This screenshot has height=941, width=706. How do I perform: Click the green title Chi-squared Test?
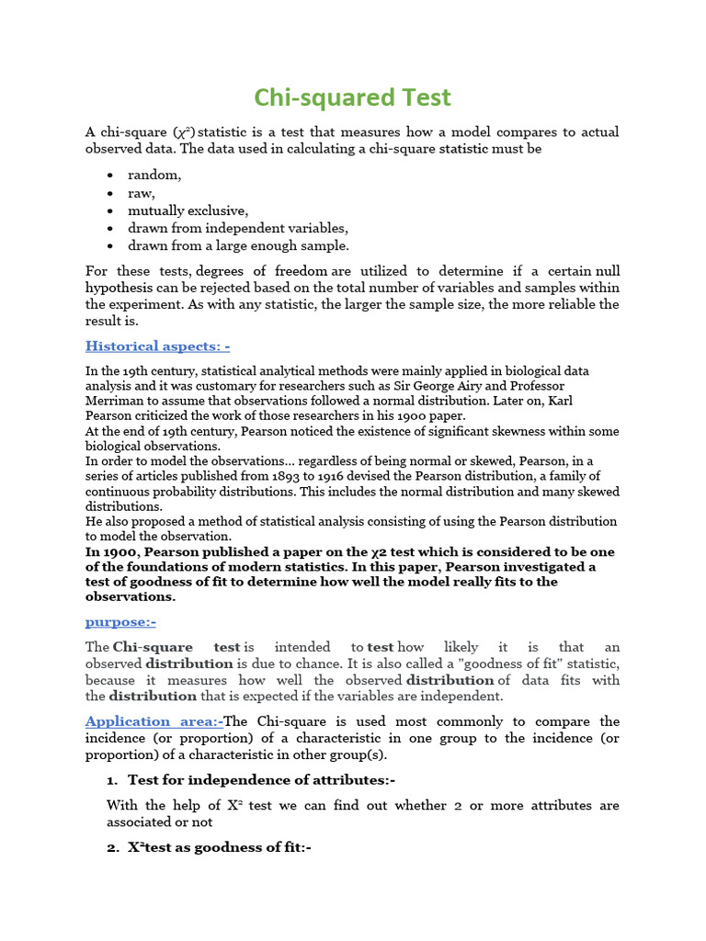coord(353,97)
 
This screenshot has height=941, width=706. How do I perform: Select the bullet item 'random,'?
coord(154,175)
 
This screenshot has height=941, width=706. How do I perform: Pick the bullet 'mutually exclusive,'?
coord(188,210)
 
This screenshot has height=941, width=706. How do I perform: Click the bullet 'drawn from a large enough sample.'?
coord(238,245)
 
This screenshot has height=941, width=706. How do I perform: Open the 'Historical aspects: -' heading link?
coord(157,346)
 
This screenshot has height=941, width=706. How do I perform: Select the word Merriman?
coord(116,402)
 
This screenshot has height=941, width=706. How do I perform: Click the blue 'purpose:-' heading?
coord(120,622)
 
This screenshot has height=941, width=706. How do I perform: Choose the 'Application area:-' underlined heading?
coord(154,721)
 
